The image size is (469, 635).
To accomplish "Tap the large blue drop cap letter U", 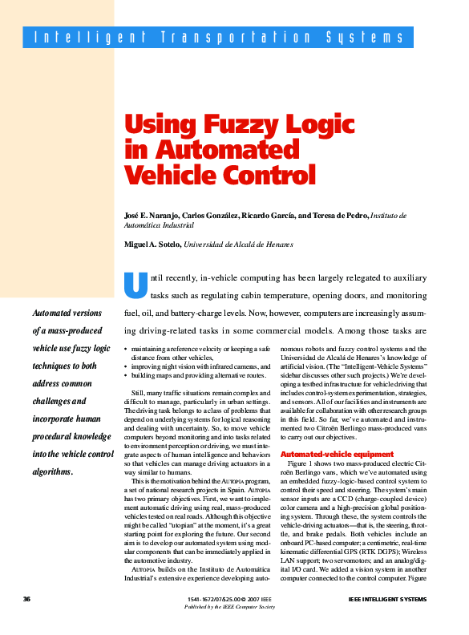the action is [135, 285].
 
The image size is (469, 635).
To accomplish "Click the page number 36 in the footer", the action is [26, 599].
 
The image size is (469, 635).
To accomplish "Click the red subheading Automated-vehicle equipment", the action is [325, 455].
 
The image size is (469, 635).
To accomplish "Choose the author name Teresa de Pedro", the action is [339, 216].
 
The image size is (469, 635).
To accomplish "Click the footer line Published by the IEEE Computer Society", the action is [229, 606].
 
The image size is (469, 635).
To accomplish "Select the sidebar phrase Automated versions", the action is [67, 313].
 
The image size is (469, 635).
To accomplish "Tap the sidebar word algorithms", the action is [52, 471].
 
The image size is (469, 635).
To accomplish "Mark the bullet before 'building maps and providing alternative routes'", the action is [127, 375].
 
